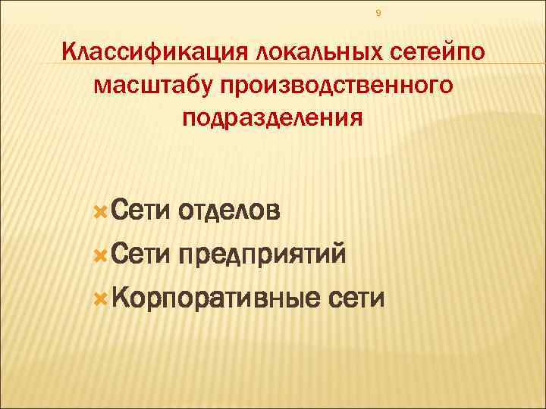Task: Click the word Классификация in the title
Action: tap(155, 53)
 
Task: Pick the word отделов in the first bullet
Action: tap(230, 208)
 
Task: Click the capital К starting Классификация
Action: tap(69, 53)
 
